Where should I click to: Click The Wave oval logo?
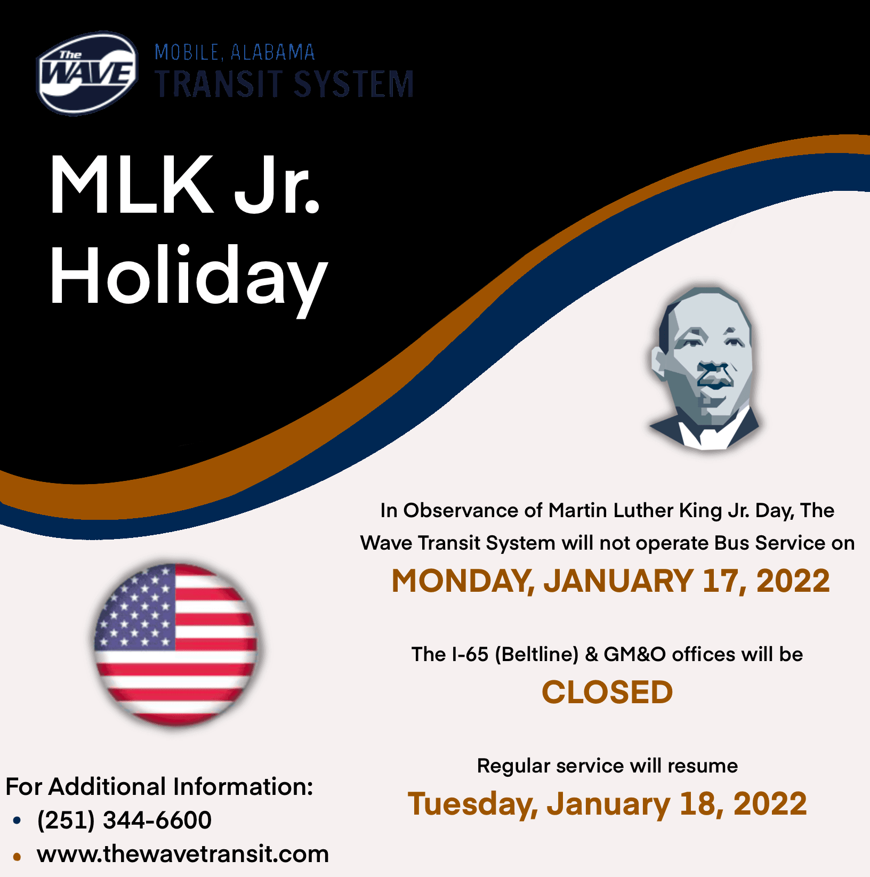(87, 73)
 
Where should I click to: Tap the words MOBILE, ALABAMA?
(235, 52)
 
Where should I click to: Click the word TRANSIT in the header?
(219, 84)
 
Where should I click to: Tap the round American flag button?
(175, 645)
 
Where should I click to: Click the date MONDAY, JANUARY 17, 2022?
(610, 581)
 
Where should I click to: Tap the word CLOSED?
(607, 692)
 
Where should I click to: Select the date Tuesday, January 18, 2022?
(607, 803)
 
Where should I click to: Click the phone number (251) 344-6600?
(124, 820)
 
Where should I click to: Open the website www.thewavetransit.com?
(183, 854)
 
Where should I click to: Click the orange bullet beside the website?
(17, 857)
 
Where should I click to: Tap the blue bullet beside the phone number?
(17, 820)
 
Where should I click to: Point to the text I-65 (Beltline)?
(514, 654)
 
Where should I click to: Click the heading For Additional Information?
(159, 787)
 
